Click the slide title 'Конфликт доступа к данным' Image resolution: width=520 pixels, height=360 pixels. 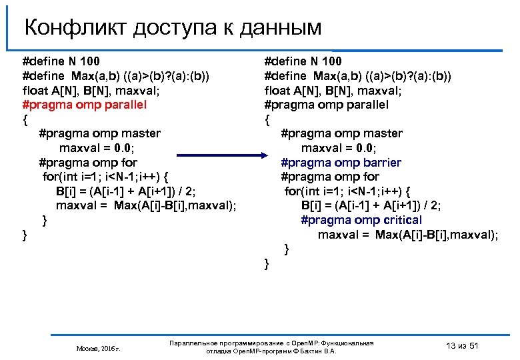click(x=173, y=27)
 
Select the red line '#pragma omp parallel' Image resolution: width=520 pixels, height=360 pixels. click(x=84, y=105)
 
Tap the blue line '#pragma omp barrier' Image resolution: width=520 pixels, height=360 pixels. click(x=341, y=163)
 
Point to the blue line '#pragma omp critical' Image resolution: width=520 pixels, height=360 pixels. click(x=361, y=220)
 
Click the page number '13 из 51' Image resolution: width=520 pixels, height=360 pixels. click(x=461, y=345)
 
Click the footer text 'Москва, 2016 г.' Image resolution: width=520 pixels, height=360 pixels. click(x=98, y=348)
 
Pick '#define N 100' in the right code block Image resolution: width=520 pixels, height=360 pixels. click(x=303, y=61)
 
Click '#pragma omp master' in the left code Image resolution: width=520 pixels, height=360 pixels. click(x=99, y=133)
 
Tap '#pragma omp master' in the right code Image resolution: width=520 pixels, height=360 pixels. click(x=341, y=133)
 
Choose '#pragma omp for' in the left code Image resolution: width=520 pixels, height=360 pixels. click(x=88, y=163)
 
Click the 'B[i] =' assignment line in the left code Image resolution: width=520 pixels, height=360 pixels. click(x=125, y=191)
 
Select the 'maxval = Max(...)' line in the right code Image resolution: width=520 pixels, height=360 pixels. click(x=407, y=235)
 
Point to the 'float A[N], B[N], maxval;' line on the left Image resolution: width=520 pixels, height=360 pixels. click(x=87, y=90)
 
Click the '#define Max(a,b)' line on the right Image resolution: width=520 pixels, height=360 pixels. click(x=357, y=76)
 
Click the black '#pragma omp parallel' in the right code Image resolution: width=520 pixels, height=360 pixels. click(x=326, y=105)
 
